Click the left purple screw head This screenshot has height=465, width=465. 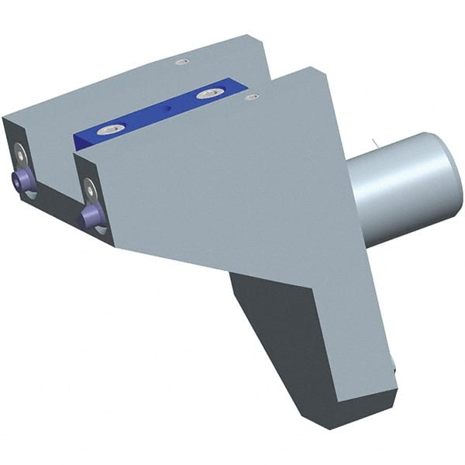click(24, 181)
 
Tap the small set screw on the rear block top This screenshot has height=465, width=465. click(182, 61)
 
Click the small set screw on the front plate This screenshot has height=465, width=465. click(251, 98)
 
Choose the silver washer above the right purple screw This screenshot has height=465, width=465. click(90, 188)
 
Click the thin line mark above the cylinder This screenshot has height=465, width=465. click(374, 143)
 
